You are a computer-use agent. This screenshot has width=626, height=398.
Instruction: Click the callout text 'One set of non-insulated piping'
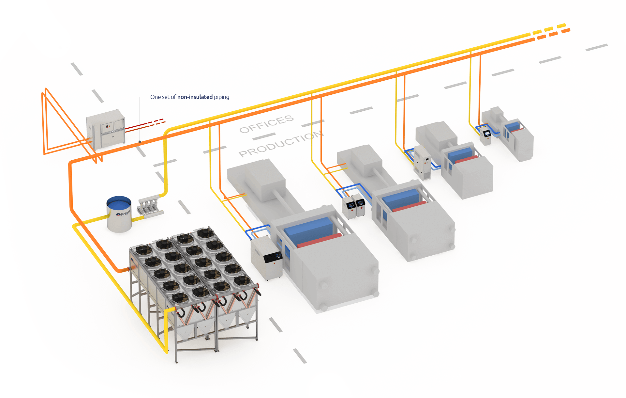[189, 97]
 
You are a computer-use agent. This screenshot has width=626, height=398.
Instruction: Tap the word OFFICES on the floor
[266, 124]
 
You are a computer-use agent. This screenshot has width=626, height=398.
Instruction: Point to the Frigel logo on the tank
[123, 214]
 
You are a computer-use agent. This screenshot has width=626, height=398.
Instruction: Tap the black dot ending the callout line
[140, 142]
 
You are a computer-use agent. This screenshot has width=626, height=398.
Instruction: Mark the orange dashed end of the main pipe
[554, 34]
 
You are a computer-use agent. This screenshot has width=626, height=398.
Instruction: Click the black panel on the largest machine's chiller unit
[273, 257]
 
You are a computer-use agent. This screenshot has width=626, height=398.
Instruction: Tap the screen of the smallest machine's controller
[487, 133]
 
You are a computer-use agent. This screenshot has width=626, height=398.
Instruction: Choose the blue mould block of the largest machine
[308, 229]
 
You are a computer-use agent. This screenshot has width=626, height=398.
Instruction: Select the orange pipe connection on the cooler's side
[126, 269]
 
